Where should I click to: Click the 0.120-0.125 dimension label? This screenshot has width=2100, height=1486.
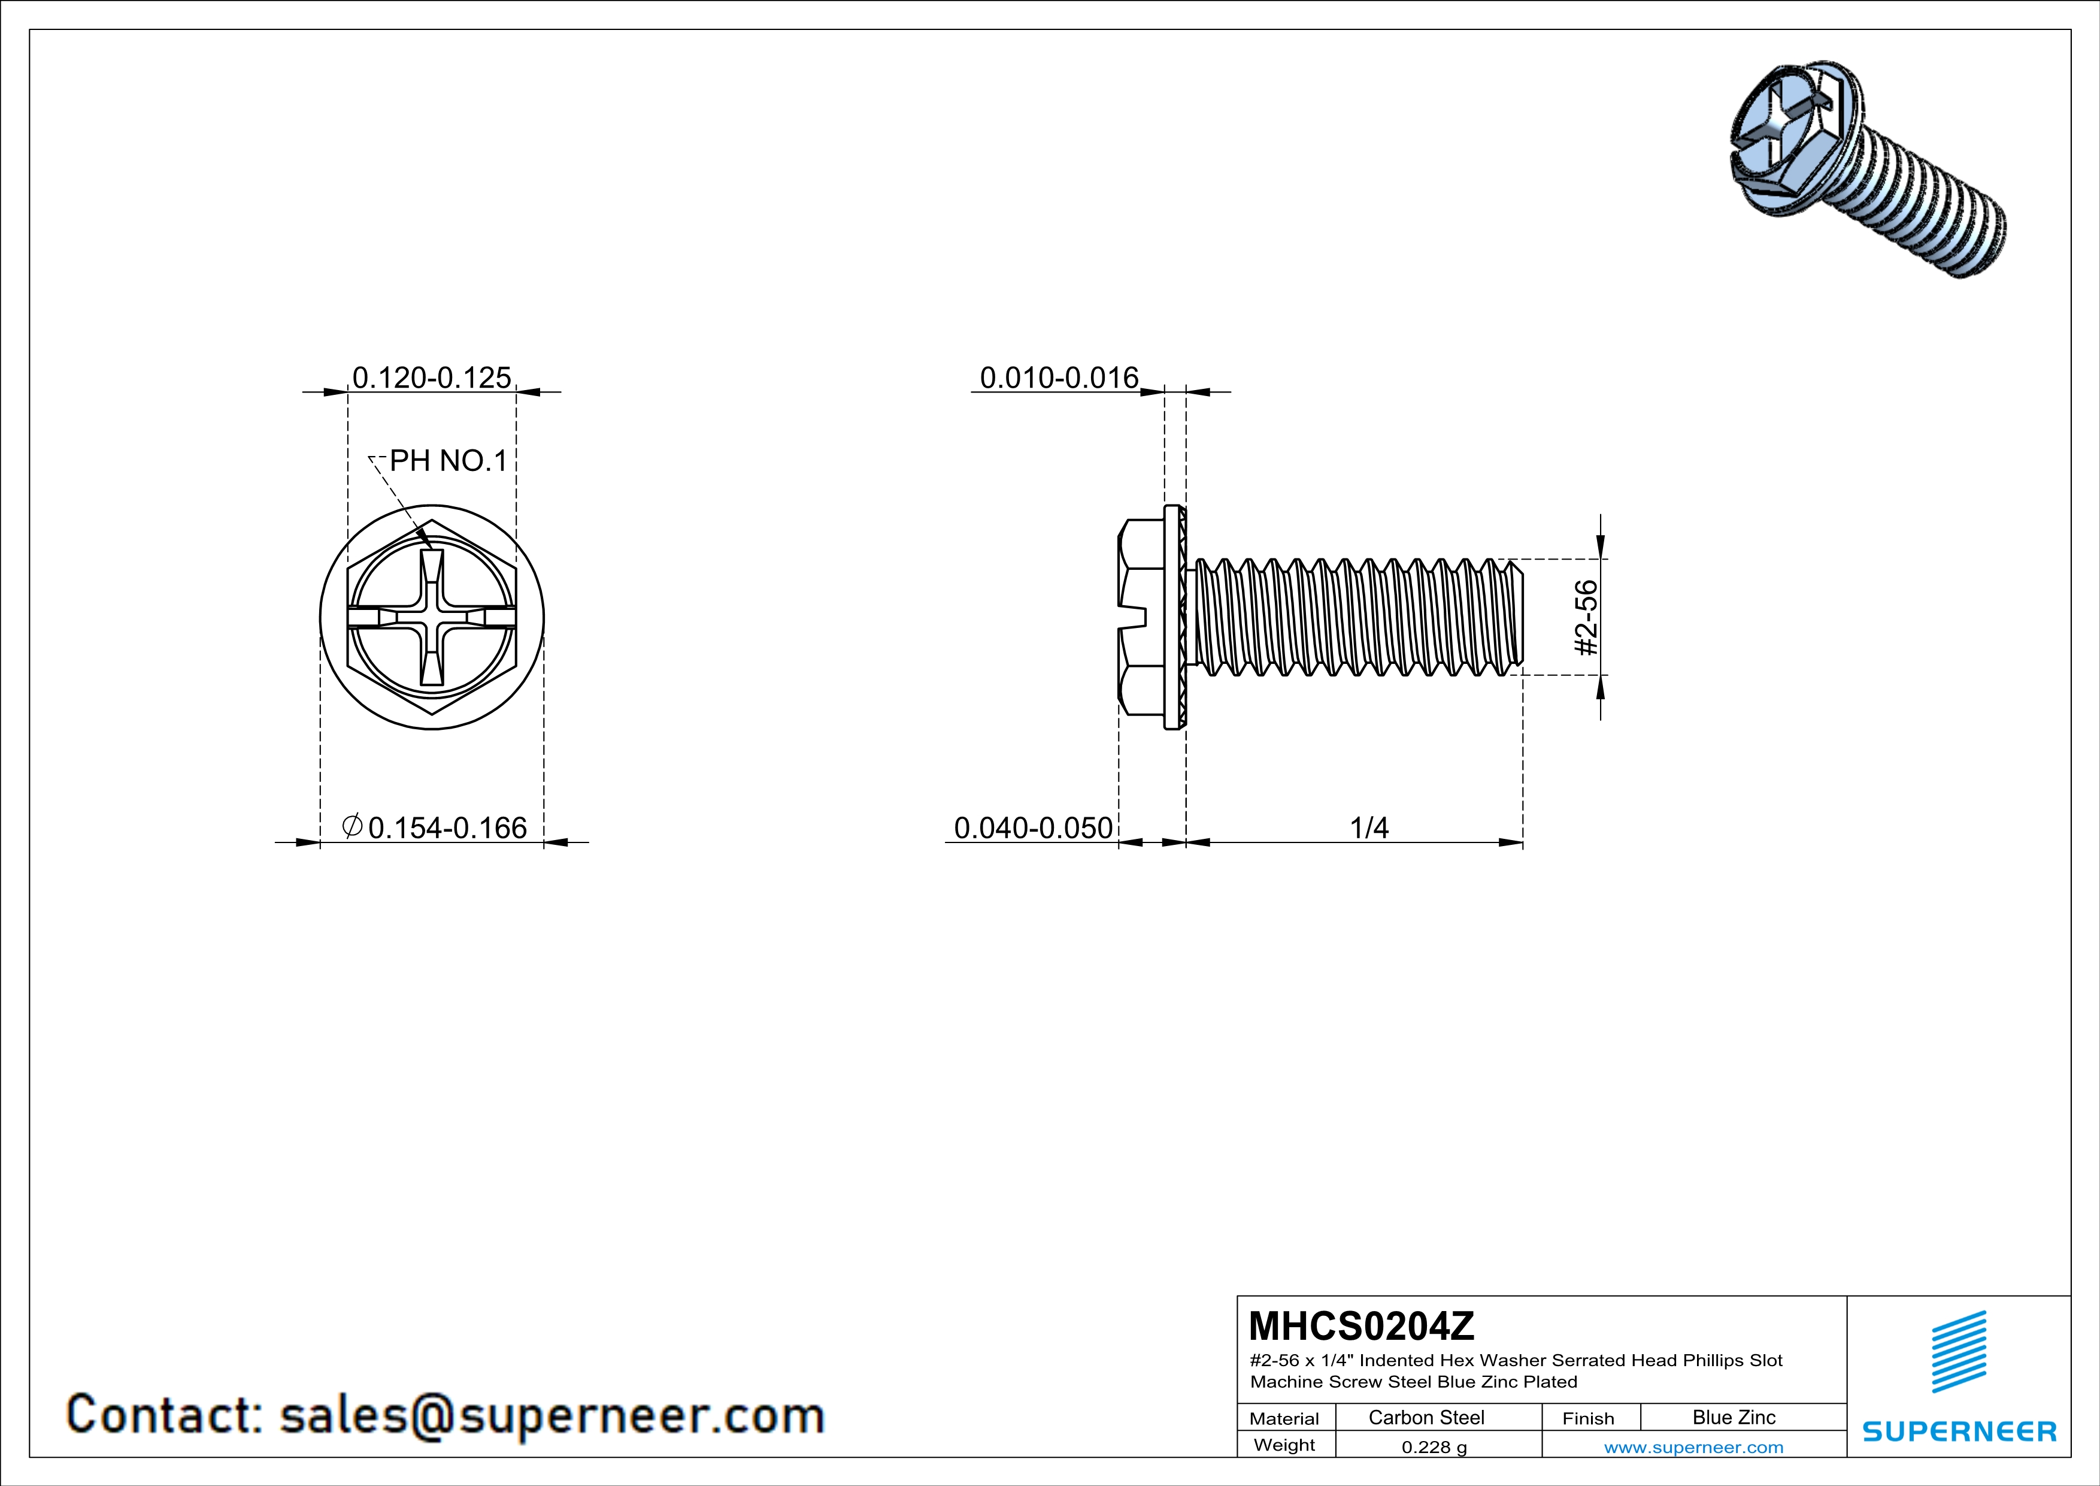coord(432,378)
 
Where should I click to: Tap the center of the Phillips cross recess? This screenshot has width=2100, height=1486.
coord(432,618)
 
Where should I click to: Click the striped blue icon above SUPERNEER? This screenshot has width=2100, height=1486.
coord(1958,1352)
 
